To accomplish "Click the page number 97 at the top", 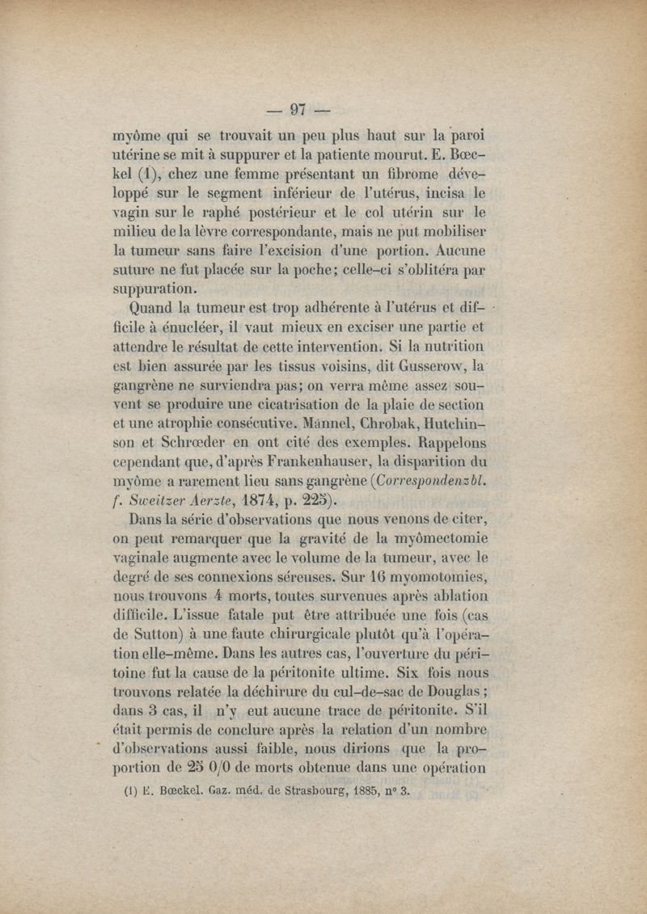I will [299, 110].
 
